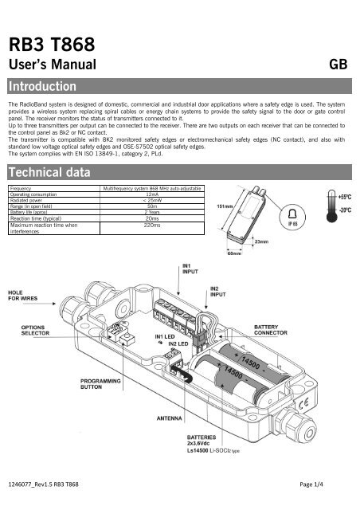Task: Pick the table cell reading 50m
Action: tap(153, 206)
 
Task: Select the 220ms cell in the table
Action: tap(153, 225)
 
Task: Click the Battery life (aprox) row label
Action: tap(33, 211)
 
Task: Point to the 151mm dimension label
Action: tap(225, 206)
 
